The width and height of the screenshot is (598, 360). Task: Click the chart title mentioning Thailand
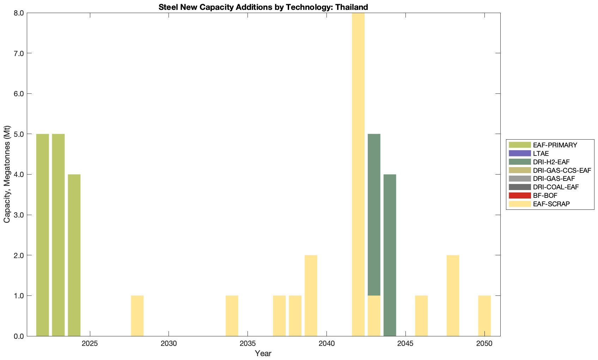[263, 7]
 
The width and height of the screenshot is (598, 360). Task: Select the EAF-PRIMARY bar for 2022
[42, 235]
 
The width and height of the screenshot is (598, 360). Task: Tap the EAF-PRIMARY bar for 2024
[74, 255]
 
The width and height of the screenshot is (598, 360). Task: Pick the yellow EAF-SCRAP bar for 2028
[137, 316]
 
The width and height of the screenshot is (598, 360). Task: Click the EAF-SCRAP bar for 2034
[232, 316]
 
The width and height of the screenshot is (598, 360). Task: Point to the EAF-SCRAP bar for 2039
[311, 295]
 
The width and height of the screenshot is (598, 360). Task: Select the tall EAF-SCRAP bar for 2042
[358, 174]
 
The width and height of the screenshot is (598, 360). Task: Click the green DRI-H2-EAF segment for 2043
[374, 215]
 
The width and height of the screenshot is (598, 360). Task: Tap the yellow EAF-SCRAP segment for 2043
[374, 316]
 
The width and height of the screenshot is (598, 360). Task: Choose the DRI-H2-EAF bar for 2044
[390, 255]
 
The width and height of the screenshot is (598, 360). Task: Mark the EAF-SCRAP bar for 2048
[453, 295]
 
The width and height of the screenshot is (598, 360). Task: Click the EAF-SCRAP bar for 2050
[484, 316]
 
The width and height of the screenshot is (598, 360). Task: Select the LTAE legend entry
[541, 153]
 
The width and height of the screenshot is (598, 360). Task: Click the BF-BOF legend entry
[545, 195]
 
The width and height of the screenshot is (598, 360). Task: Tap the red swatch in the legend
[520, 195]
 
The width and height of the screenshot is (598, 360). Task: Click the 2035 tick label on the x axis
[248, 344]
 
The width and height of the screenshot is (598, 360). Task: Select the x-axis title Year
[263, 353]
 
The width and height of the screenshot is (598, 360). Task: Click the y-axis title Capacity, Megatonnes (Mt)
[7, 174]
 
